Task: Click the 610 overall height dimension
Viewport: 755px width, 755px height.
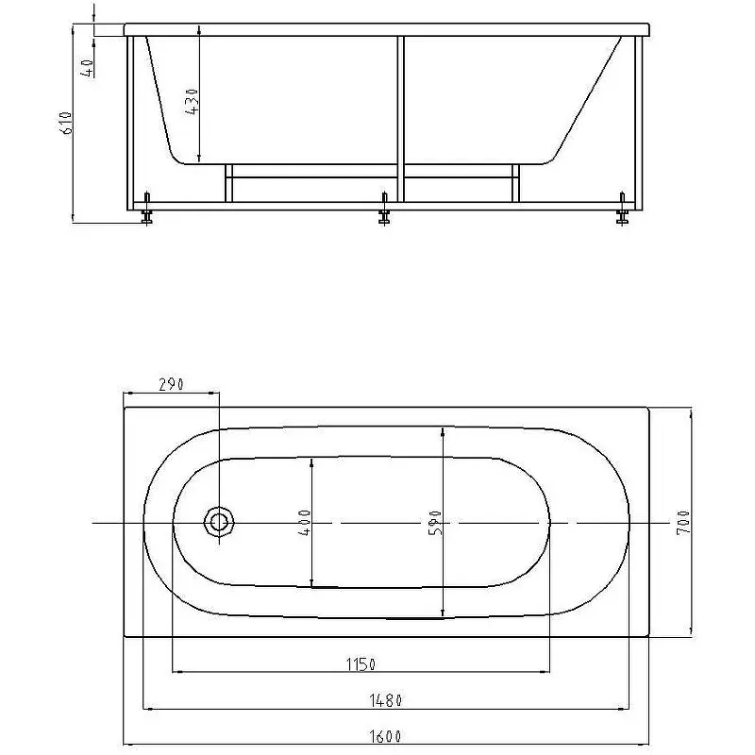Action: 66,123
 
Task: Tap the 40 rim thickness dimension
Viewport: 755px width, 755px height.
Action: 87,68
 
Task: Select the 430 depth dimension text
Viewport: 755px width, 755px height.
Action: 192,101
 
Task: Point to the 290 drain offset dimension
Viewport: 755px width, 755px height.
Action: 171,384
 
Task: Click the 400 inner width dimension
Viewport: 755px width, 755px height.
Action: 305,523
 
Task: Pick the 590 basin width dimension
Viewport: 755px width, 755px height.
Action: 435,523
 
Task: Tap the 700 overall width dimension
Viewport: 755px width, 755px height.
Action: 683,523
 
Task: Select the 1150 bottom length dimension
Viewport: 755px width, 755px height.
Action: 361,664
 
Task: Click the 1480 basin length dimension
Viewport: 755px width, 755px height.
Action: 385,700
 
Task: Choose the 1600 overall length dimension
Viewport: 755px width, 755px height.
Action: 385,736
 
